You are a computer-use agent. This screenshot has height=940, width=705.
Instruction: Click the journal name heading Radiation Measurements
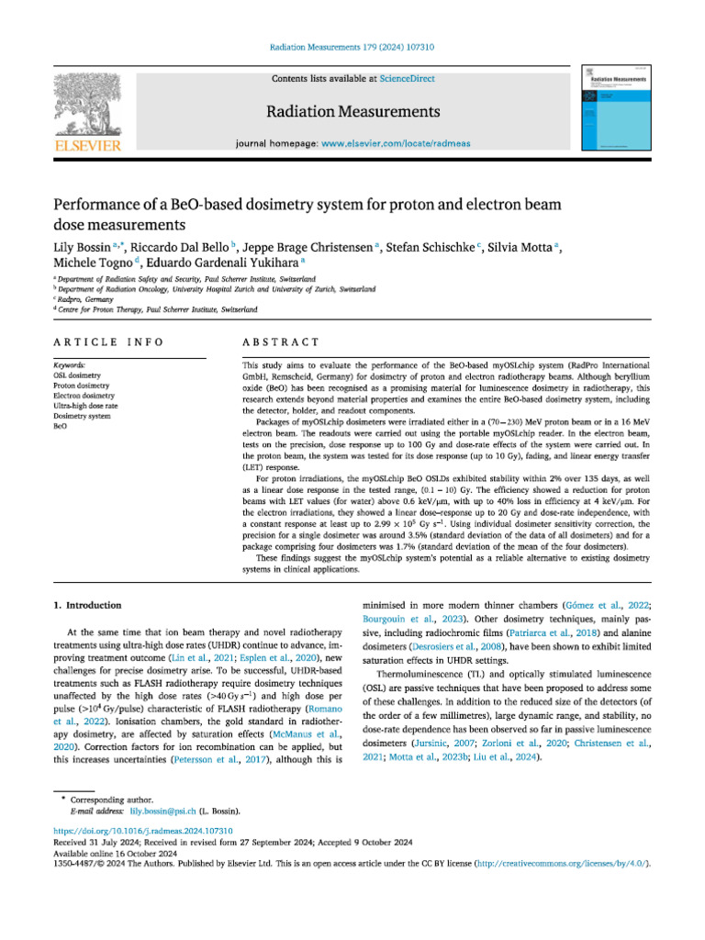coord(352,112)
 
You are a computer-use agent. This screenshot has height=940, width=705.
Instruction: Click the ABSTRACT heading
coord(280,341)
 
